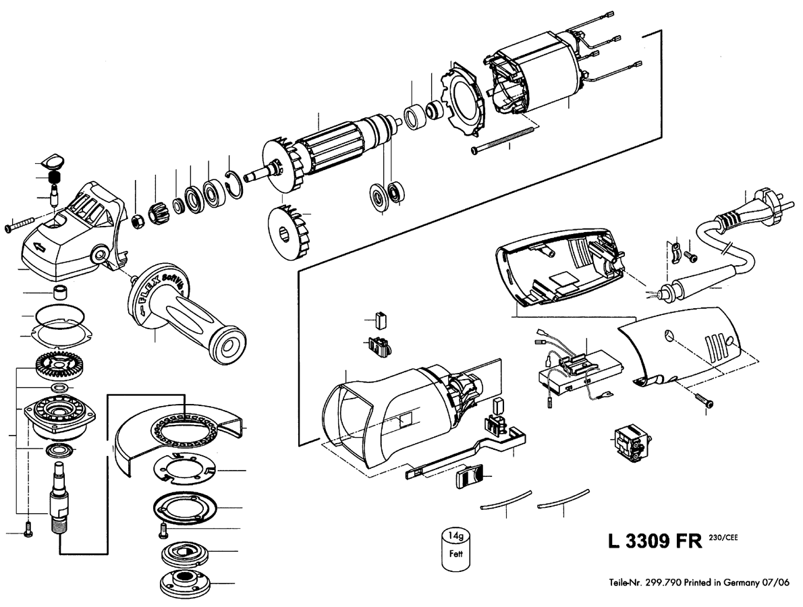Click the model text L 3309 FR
coord(655,541)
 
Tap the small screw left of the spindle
coord(28,529)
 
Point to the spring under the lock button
coord(54,179)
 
